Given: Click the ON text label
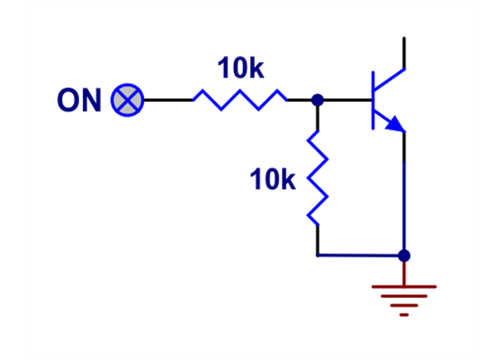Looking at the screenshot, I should (x=79, y=100).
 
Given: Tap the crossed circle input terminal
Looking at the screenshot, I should (x=127, y=100).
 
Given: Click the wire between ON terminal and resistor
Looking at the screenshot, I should (x=167, y=100).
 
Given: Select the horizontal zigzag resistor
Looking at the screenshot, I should (x=239, y=100).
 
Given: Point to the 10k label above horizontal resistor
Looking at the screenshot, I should (x=240, y=68).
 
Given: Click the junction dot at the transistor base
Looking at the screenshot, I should (x=317, y=100).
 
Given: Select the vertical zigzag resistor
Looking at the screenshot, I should (x=317, y=177).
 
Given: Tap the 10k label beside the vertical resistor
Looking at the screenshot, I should (x=273, y=180).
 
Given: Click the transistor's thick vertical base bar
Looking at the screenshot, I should (x=374, y=99).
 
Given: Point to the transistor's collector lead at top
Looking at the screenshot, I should (x=404, y=52).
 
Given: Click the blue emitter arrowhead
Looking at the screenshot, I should (x=394, y=125).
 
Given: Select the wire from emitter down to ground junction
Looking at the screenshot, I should (x=404, y=193).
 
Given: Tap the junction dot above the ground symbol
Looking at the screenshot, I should (x=404, y=256).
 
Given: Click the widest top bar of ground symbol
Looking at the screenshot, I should (x=404, y=287).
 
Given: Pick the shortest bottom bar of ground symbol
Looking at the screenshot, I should (x=404, y=314).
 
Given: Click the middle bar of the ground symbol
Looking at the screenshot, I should (x=404, y=301).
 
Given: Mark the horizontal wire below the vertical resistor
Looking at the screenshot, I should (x=360, y=256).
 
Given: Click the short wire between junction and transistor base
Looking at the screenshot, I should (x=346, y=100).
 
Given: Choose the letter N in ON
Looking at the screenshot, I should (x=91, y=100).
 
